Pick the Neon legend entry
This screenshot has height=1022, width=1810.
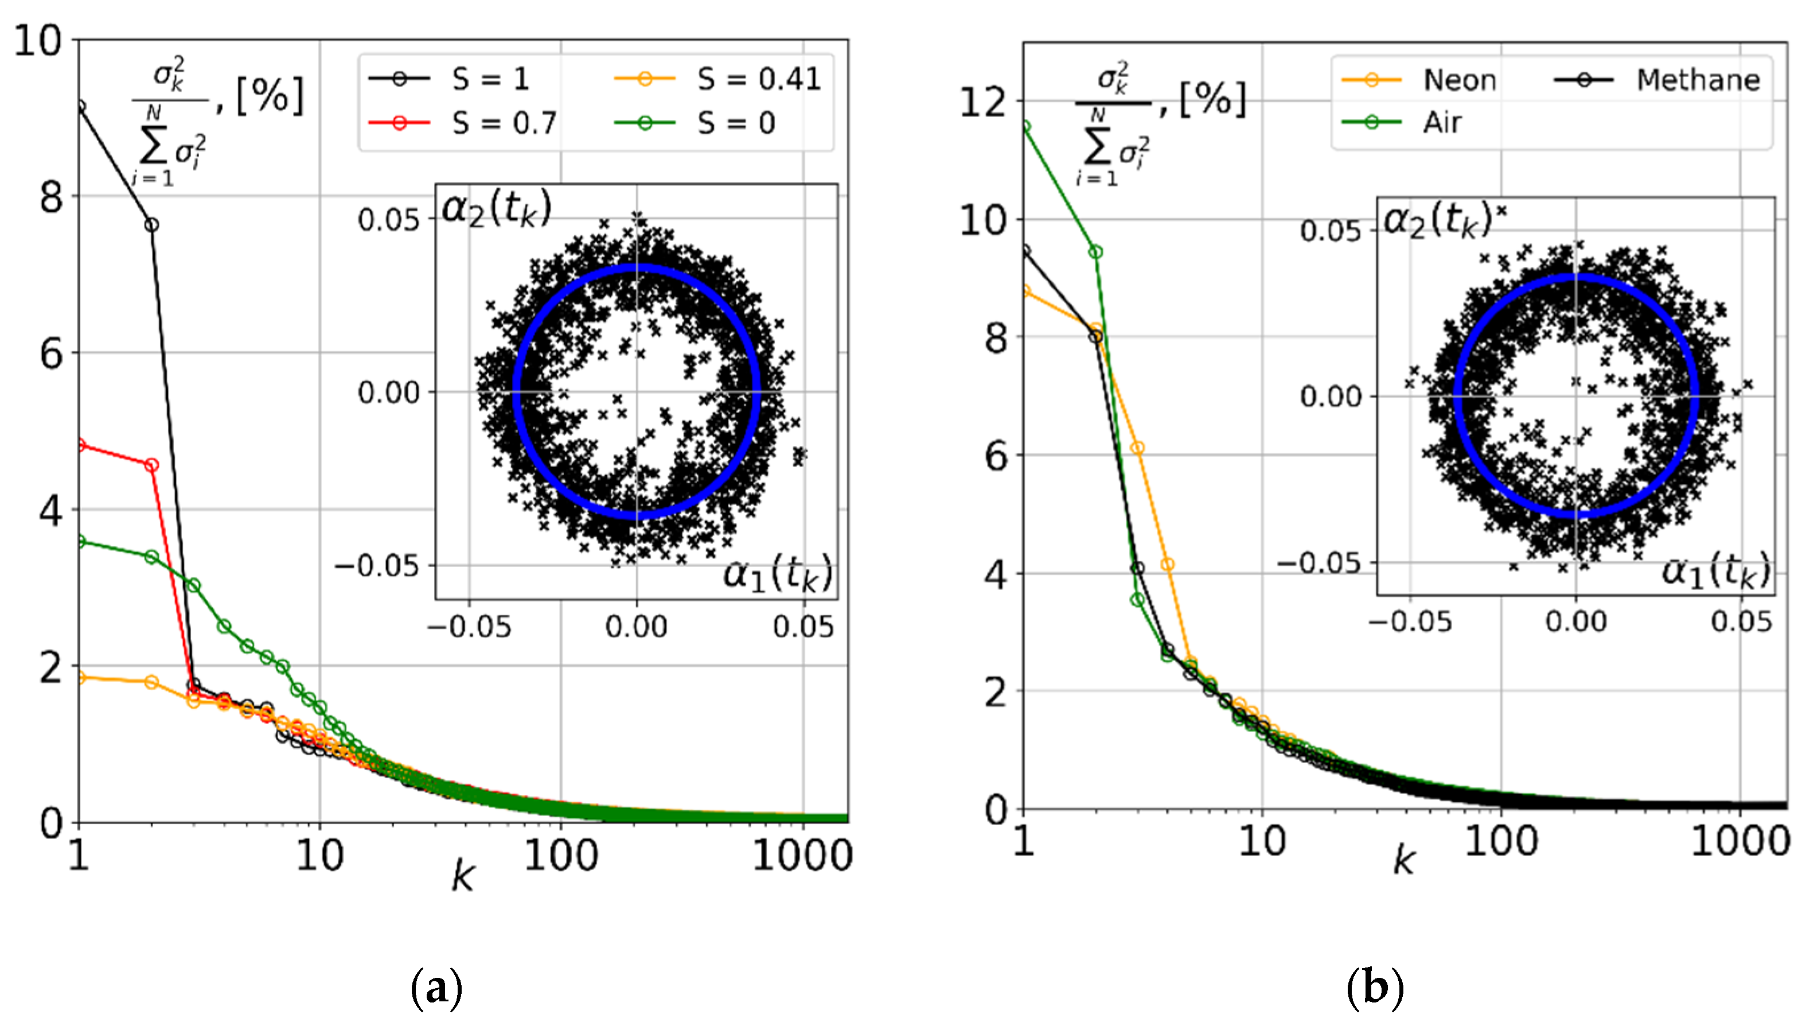1419,80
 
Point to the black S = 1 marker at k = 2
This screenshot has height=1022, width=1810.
151,225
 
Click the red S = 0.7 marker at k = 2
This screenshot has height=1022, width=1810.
151,465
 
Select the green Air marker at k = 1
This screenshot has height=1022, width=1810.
1025,126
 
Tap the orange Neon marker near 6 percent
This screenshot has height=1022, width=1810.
1138,448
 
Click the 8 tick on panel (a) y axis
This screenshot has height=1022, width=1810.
51,197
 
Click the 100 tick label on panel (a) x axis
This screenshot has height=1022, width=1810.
561,856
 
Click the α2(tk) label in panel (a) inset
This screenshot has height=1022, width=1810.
496,209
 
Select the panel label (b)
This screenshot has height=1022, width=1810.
1375,989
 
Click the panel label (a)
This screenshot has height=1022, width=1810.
436,989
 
